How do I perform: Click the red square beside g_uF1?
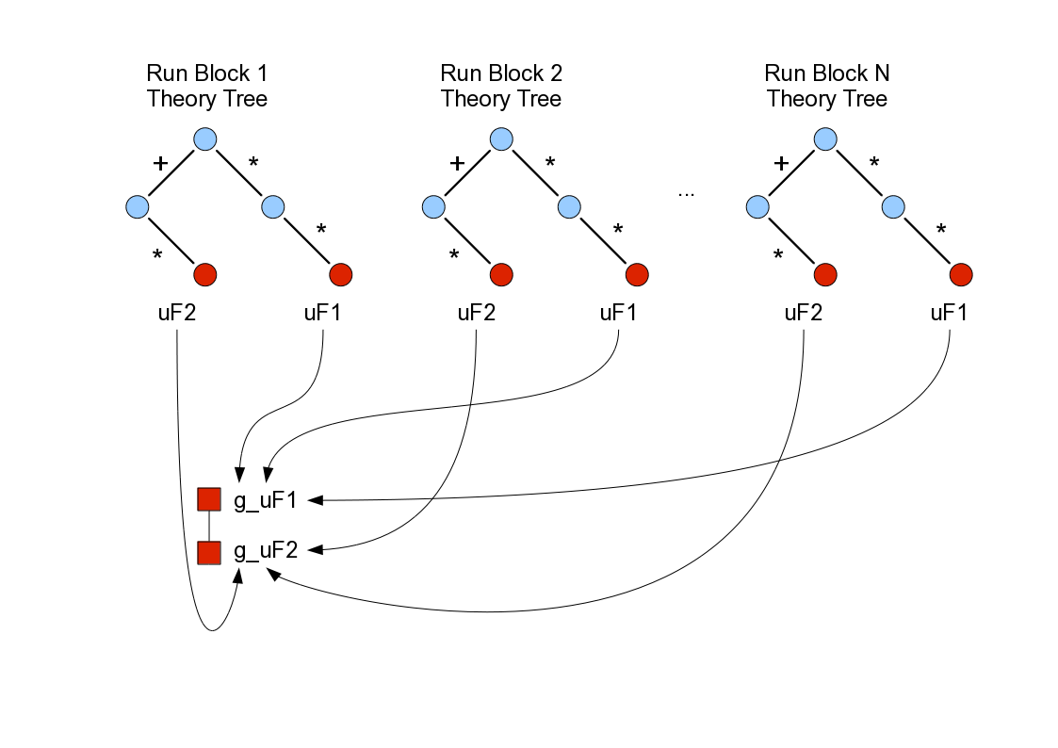[x=208, y=499]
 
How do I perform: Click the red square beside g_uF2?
[x=208, y=552]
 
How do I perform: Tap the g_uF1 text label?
[x=266, y=500]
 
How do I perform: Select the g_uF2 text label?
[x=266, y=551]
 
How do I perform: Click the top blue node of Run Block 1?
[x=205, y=139]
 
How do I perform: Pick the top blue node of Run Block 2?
[x=501, y=139]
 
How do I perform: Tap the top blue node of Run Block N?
[x=825, y=139]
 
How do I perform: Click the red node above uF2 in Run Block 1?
[x=205, y=275]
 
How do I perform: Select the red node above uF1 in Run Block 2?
[x=637, y=275]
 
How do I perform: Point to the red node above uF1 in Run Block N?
[x=961, y=275]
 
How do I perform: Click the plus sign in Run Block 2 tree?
[x=457, y=163]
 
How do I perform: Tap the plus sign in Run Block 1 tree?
[x=160, y=163]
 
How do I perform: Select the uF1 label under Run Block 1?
[x=323, y=313]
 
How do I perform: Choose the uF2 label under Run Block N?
[x=803, y=313]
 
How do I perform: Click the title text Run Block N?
[x=826, y=73]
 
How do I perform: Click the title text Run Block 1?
[x=206, y=73]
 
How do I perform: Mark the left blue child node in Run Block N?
[x=757, y=206]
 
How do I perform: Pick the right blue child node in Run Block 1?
[x=273, y=206]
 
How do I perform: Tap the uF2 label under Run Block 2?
[x=477, y=313]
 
